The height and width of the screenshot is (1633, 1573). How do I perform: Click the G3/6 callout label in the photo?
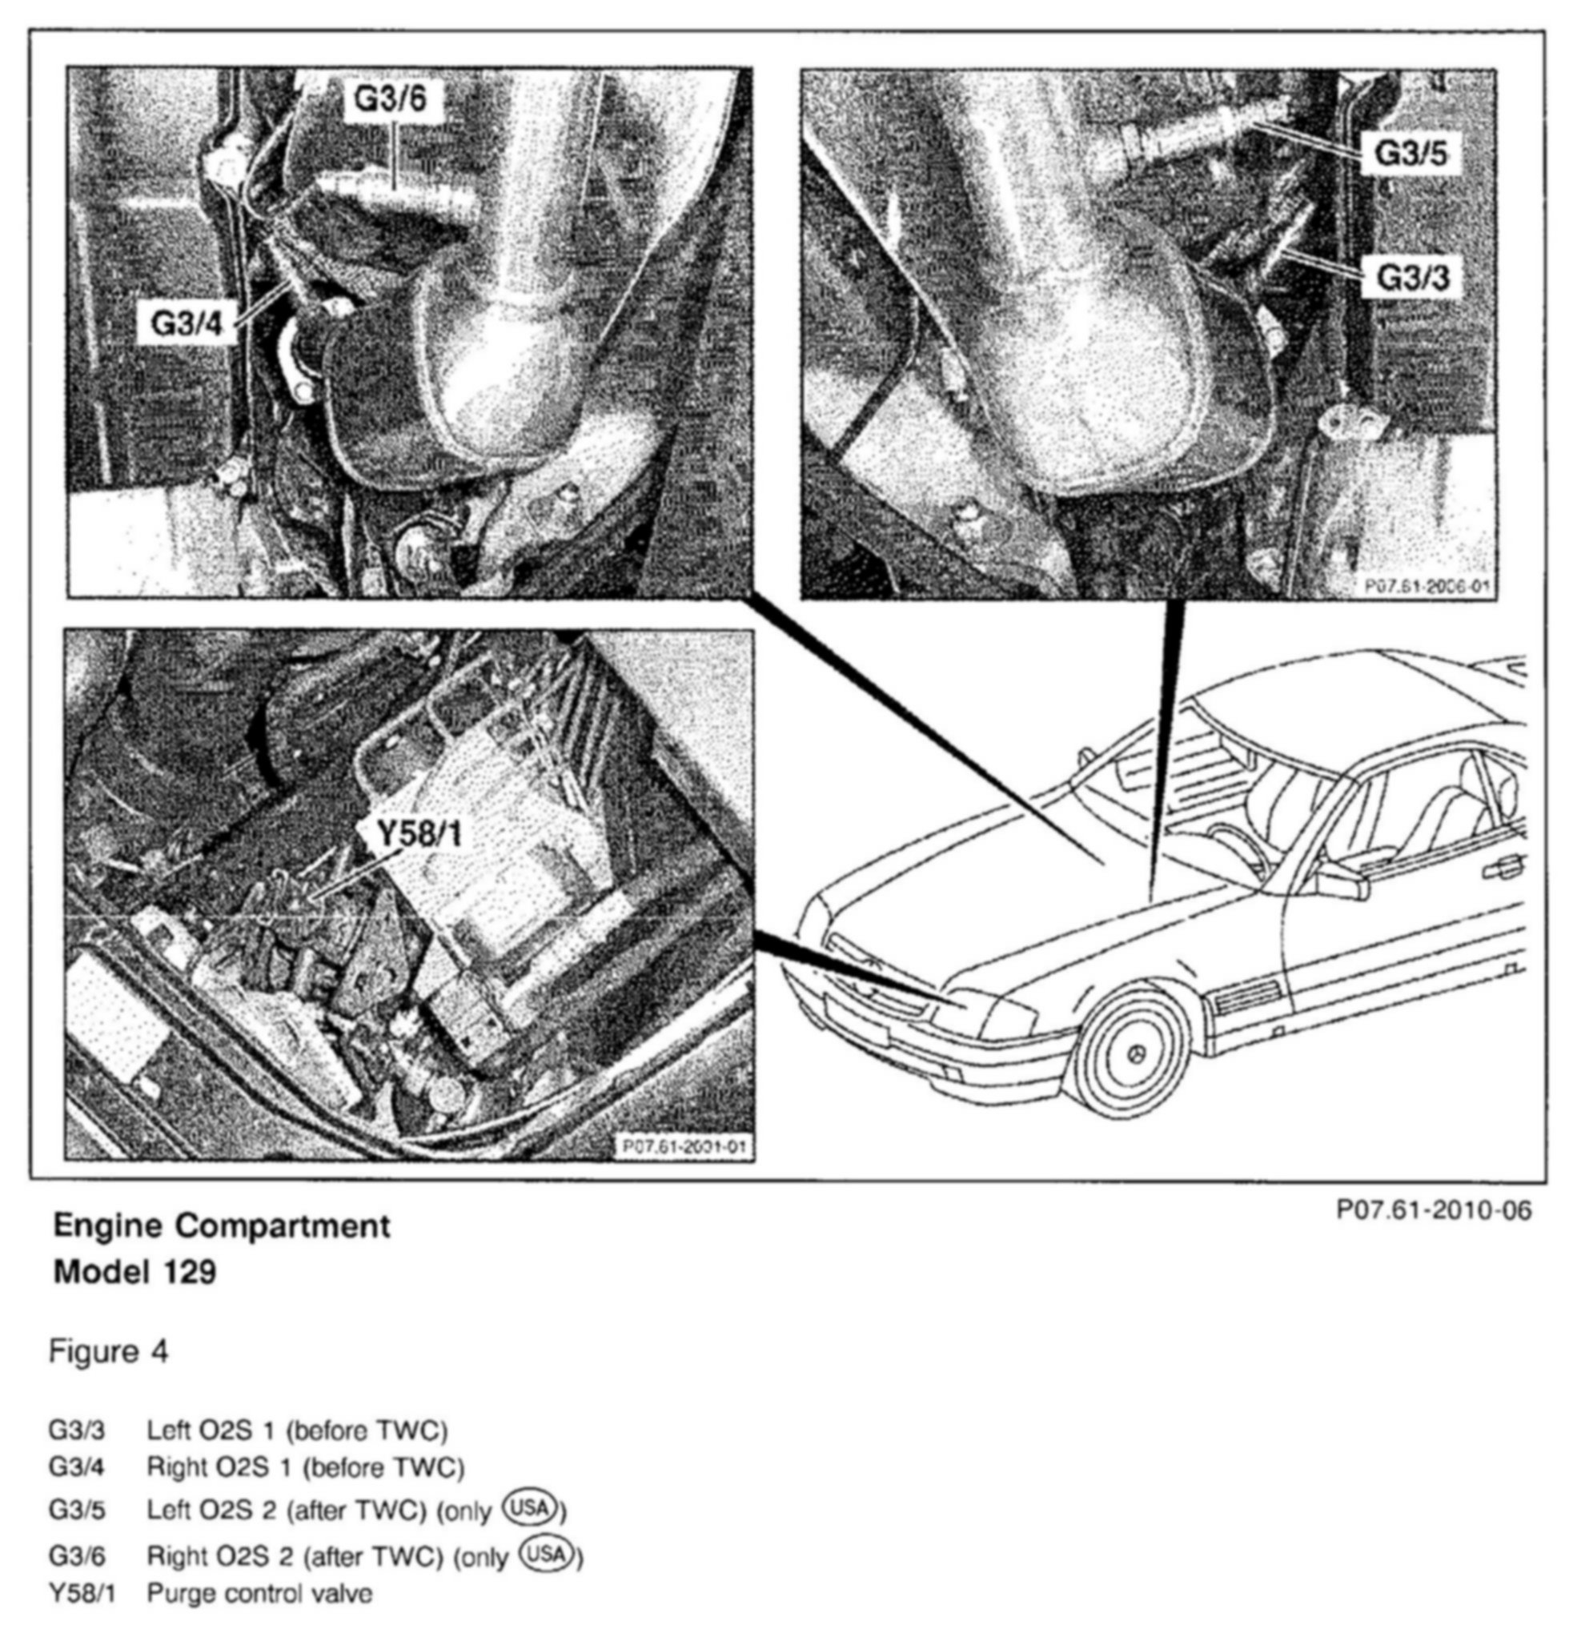click(x=390, y=99)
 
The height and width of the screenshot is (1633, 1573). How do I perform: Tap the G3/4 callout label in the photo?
click(x=187, y=323)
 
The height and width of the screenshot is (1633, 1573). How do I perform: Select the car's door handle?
click(x=1503, y=869)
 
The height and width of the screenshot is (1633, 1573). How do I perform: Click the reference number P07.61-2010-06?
click(x=1433, y=1210)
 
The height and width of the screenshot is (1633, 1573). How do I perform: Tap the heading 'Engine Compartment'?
click(x=222, y=1226)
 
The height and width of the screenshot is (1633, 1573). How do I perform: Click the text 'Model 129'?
click(x=135, y=1272)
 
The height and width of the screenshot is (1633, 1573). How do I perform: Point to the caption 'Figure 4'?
click(x=108, y=1351)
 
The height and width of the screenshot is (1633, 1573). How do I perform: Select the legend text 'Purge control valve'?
click(x=259, y=1594)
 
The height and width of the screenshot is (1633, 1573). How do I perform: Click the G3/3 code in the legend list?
click(x=77, y=1430)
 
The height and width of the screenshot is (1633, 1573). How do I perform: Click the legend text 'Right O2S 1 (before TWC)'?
click(x=305, y=1466)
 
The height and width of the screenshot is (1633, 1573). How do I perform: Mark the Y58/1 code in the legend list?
click(x=82, y=1594)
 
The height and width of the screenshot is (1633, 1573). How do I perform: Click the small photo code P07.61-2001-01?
click(x=683, y=1147)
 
